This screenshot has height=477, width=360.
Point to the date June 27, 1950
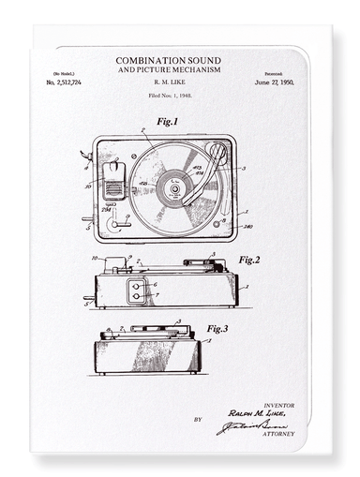(273, 83)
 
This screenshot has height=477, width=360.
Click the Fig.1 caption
(167, 122)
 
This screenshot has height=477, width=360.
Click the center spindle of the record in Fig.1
(173, 186)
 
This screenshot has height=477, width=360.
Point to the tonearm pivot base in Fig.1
(217, 151)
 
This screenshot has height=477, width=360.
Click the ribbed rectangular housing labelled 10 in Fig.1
(113, 179)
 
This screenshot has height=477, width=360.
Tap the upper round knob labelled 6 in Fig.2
(137, 285)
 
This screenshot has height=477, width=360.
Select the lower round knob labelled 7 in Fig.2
(137, 296)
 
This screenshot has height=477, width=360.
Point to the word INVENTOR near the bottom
(280, 405)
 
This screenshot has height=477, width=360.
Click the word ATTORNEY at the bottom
(278, 434)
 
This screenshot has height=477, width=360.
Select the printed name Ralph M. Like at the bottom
(260, 413)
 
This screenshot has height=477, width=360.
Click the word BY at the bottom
(197, 420)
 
